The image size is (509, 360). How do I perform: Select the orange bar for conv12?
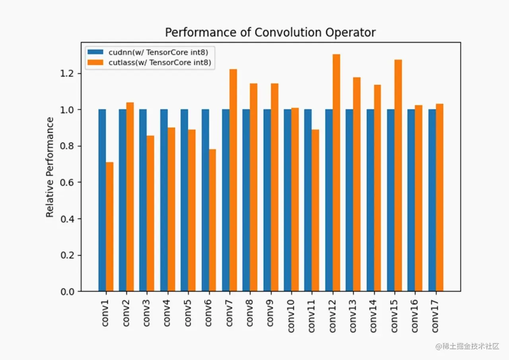pos(336,173)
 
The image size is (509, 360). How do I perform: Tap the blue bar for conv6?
pos(205,200)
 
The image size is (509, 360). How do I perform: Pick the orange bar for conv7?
pos(233,180)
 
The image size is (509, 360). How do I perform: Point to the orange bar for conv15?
pos(398,176)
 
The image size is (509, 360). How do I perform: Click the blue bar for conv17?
pos(432,200)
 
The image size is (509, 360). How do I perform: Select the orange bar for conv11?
pos(316,211)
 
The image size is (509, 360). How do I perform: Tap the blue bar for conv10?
pos(288,200)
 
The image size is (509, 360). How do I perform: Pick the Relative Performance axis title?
pos(50,167)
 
